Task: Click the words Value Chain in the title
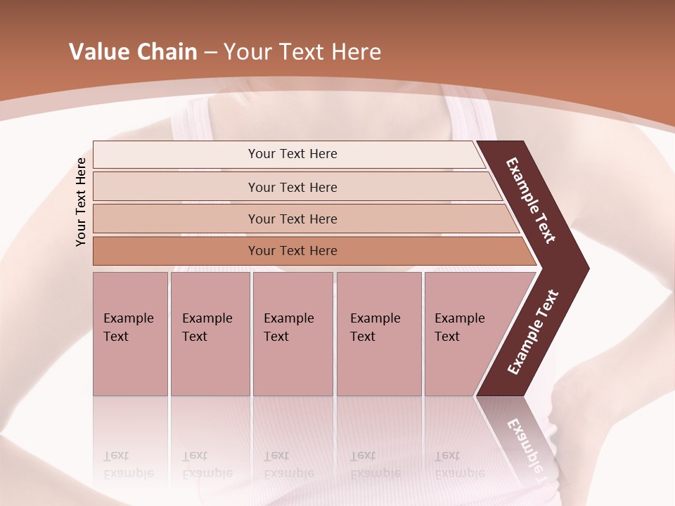133,51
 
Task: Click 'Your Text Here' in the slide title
302,51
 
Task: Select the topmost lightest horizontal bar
292,154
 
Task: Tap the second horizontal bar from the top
292,187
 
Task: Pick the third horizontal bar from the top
292,219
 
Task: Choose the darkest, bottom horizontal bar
292,251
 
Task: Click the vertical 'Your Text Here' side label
81,202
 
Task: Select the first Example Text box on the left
130,334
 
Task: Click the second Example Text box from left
210,334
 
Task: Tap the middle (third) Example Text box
292,334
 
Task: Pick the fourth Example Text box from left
378,334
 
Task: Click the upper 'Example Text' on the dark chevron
531,200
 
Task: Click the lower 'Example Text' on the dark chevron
532,332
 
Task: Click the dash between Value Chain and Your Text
210,52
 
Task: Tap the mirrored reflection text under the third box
288,465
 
